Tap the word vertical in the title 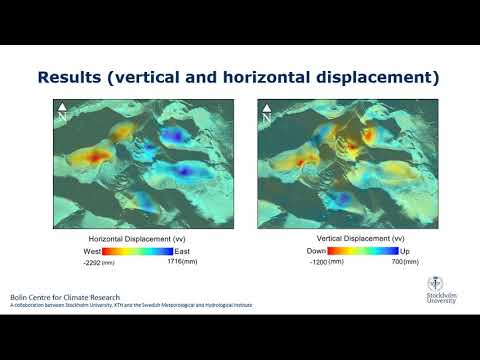coord(160,76)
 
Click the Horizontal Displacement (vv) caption coord(137,239)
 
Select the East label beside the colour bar coord(183,251)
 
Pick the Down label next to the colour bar coord(317,251)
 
